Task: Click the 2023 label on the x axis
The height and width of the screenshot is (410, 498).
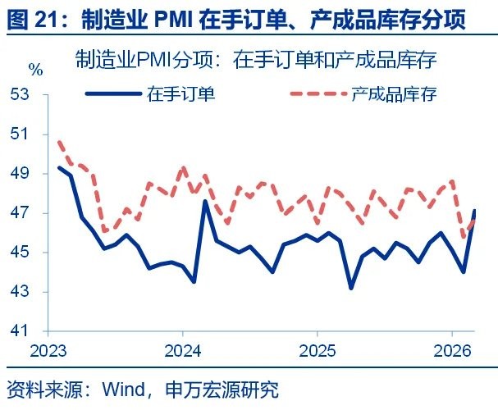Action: tap(48, 351)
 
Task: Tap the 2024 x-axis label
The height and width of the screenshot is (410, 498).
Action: tap(182, 351)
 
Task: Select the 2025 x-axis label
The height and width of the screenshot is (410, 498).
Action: tap(318, 351)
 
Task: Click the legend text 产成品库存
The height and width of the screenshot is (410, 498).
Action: tap(393, 93)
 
